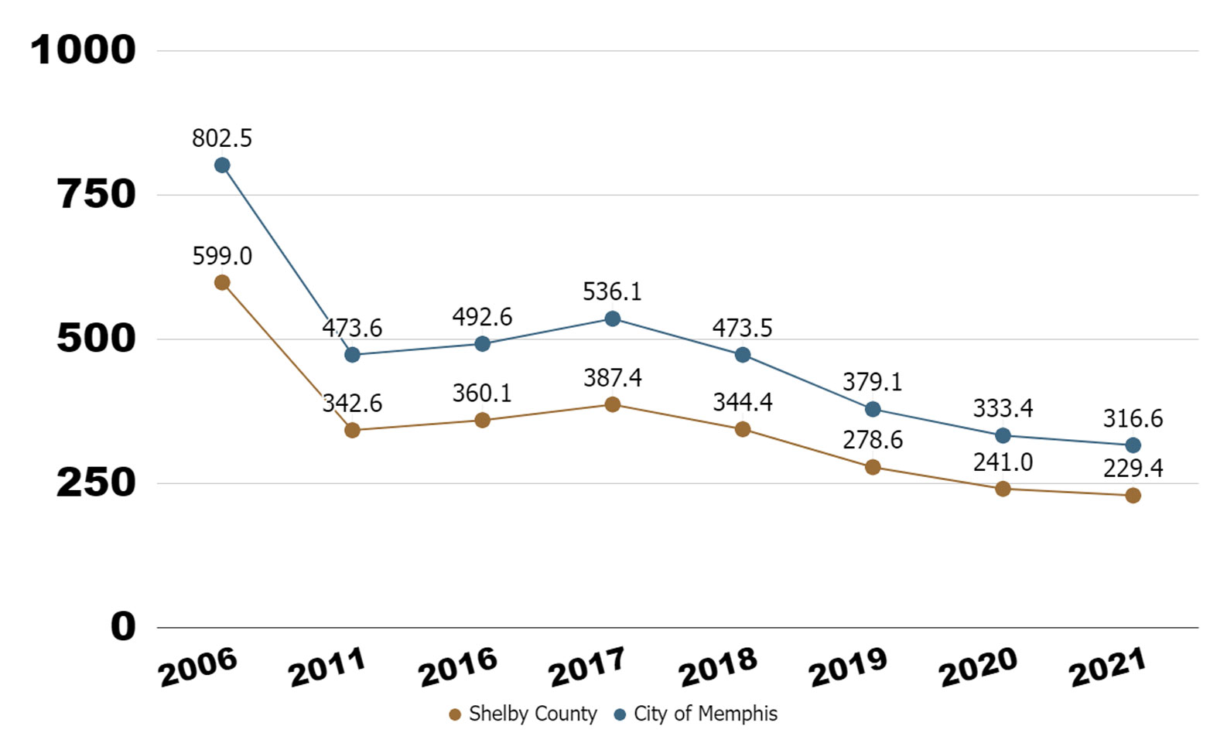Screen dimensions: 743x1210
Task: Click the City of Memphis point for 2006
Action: click(222, 165)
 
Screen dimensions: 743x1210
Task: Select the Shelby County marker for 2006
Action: click(222, 283)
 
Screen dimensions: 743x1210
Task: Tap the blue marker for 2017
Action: click(612, 319)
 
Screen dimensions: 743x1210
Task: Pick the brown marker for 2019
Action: click(873, 467)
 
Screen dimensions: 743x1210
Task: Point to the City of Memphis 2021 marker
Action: click(1133, 445)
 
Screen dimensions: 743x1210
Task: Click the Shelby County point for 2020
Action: click(1003, 489)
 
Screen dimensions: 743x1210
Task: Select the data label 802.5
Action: click(222, 138)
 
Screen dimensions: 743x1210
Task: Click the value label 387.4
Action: click(612, 378)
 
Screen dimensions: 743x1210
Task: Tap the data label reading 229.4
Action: click(1133, 469)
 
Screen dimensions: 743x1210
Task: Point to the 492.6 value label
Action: click(482, 317)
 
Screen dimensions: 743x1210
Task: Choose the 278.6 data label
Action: click(873, 440)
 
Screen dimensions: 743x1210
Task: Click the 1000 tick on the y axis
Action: click(83, 51)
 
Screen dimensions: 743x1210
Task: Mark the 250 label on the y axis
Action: click(95, 483)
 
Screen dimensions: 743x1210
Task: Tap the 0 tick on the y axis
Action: click(122, 627)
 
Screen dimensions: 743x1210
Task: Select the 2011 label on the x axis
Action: click(326, 668)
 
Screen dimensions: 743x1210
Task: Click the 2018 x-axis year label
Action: click(717, 668)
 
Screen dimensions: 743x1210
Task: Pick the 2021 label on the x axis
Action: click(1107, 668)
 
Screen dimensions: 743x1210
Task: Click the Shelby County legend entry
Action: click(524, 714)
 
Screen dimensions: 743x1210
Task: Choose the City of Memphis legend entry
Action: click(696, 714)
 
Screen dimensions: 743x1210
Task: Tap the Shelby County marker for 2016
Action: click(482, 421)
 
